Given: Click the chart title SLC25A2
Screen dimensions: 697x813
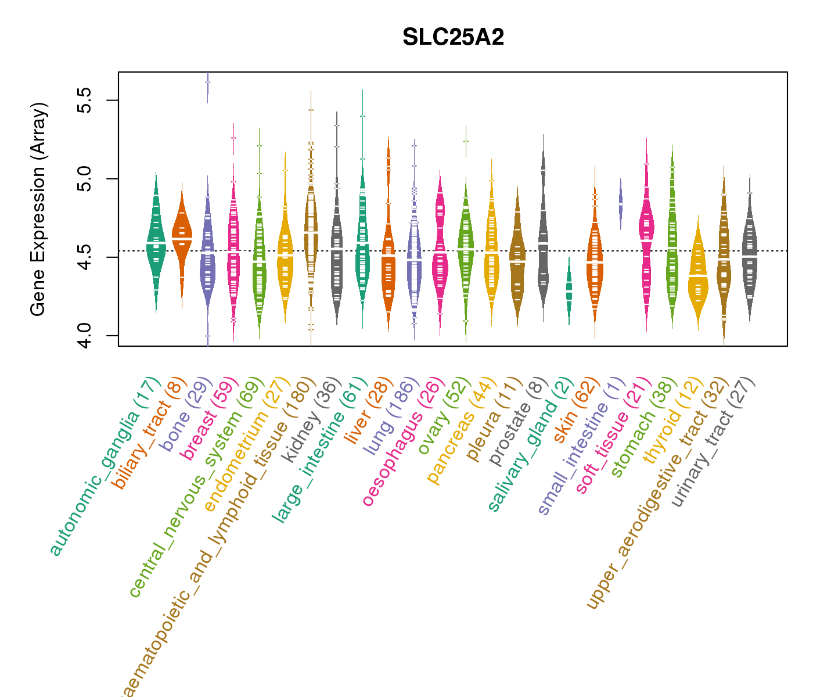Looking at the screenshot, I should click(453, 38).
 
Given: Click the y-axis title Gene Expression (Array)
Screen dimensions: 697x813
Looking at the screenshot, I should click(38, 209).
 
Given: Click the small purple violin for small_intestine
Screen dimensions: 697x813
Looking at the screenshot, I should click(620, 203).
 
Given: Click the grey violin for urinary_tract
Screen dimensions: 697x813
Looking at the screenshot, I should click(750, 256).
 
